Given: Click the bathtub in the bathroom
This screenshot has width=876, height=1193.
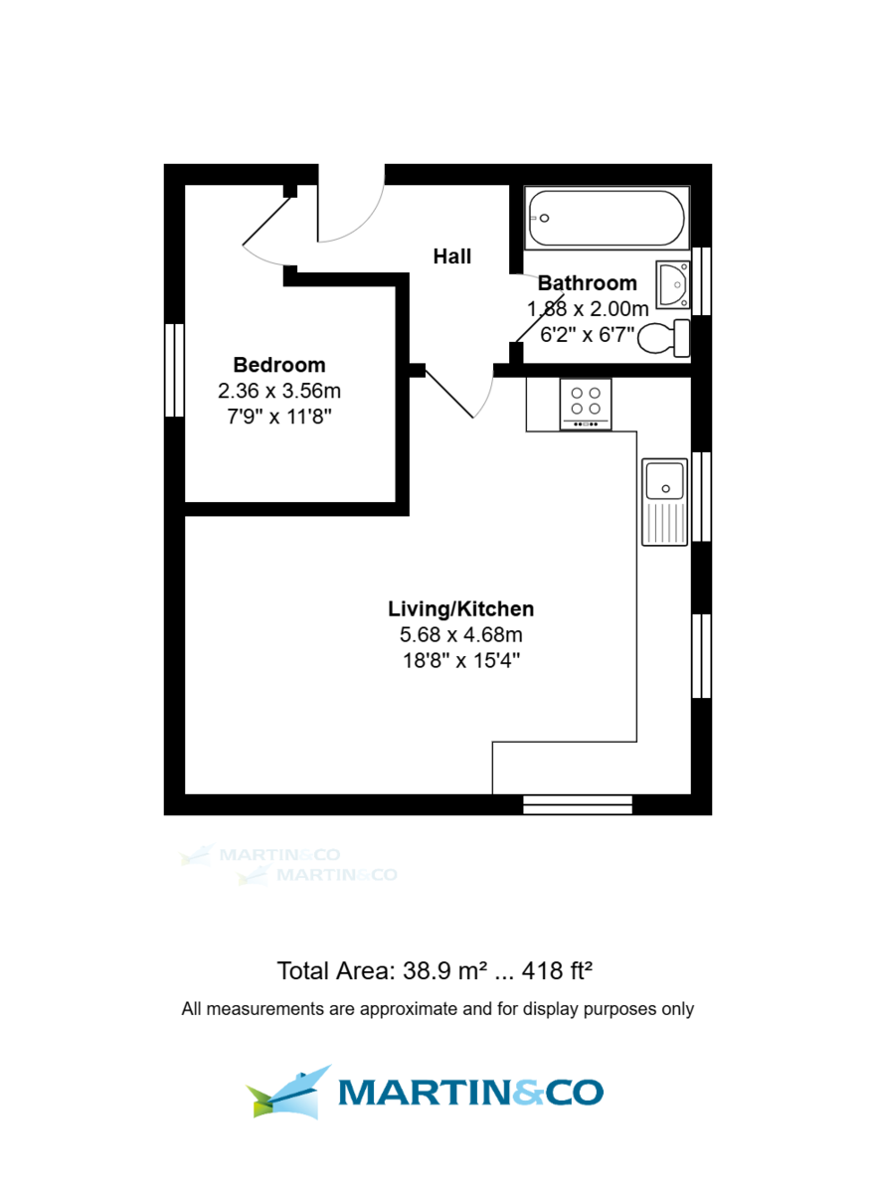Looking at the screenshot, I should (x=606, y=219).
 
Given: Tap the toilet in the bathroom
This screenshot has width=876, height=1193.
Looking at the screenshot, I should (x=662, y=338).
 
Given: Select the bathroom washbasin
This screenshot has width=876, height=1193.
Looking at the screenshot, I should (x=672, y=284).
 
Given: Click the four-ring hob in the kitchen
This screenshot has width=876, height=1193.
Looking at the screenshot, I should (x=586, y=403).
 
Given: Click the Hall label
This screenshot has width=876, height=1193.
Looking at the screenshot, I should (x=451, y=256).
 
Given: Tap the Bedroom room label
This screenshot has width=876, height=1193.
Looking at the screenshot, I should (x=278, y=365).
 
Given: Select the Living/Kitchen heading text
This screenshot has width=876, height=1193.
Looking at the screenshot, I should (x=460, y=608).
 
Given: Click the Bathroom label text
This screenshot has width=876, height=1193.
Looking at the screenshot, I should (x=587, y=283).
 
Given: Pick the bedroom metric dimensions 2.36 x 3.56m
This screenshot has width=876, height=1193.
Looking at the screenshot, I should (x=278, y=391).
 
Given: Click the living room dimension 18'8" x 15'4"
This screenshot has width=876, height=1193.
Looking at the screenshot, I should (x=460, y=660).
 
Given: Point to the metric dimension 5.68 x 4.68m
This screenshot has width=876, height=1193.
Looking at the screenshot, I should (x=460, y=634).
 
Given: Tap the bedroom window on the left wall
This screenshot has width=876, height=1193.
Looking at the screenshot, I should (x=175, y=370).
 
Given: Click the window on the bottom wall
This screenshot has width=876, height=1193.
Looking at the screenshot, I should (x=578, y=804).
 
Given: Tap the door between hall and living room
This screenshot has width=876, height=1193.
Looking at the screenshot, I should (x=452, y=394).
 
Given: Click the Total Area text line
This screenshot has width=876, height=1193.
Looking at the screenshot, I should (x=436, y=970).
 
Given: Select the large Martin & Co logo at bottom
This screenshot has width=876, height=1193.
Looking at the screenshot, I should (x=426, y=1092).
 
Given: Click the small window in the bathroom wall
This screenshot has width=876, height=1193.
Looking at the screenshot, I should (x=702, y=280).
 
